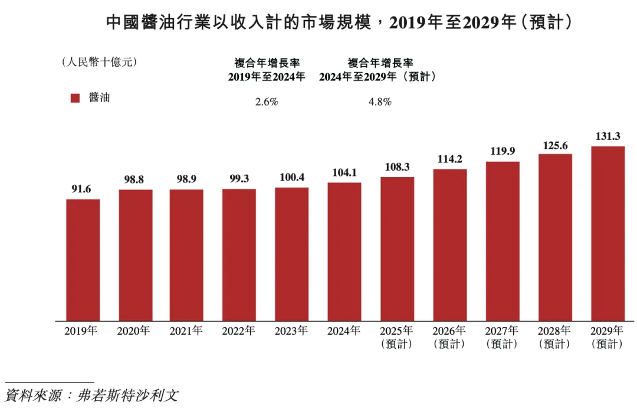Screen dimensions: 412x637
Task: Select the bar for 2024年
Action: pos(344,251)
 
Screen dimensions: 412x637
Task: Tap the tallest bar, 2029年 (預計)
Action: pos(608,233)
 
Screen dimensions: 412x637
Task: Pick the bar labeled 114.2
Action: pos(450,245)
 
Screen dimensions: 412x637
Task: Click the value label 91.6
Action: pos(83,189)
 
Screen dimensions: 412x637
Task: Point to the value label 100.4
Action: pos(292,178)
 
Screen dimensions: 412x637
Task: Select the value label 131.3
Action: pos(608,136)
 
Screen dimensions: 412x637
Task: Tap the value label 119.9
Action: pos(503,152)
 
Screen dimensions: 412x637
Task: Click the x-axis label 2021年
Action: pos(186,331)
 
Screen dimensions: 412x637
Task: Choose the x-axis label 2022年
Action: pos(239,331)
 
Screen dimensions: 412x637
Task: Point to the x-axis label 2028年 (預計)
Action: pos(555,337)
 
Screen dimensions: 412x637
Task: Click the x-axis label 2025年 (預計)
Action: pos(397,337)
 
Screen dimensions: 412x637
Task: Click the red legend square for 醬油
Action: pos(75,98)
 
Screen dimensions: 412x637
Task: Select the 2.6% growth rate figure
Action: pos(267,102)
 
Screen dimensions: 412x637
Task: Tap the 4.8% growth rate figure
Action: pos(380,102)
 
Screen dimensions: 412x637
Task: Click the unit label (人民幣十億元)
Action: pos(99,62)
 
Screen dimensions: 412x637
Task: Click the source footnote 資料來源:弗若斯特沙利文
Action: pos(91,395)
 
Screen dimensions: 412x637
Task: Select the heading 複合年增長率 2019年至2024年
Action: pos(267,69)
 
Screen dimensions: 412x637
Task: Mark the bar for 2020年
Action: pos(136,255)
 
